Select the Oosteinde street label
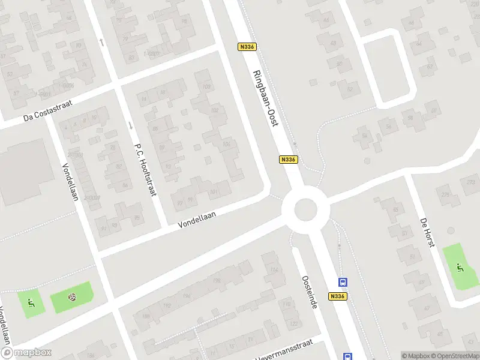click(309, 292)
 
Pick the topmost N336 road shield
click(247, 47)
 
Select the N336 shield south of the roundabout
click(338, 296)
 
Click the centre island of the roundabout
click(305, 209)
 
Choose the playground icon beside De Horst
click(460, 268)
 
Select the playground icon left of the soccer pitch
click(31, 303)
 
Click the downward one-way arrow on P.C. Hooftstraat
click(131, 125)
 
